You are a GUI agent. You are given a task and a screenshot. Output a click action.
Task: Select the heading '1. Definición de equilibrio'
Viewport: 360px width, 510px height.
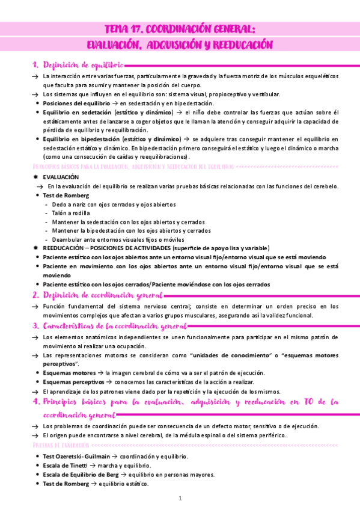78,64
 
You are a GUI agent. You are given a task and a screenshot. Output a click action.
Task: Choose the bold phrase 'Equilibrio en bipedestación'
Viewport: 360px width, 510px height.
79,140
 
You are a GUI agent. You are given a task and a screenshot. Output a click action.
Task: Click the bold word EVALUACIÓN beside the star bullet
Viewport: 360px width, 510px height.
61,177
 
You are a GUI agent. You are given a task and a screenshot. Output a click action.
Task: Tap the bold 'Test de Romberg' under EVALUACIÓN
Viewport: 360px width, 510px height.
66,195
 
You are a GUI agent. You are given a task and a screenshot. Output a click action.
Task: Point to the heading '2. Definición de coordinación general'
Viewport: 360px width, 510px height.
97,295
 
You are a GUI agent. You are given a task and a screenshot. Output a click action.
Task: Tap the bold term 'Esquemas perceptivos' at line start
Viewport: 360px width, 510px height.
72,382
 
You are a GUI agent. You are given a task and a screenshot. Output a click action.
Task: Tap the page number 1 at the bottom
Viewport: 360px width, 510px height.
180,499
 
